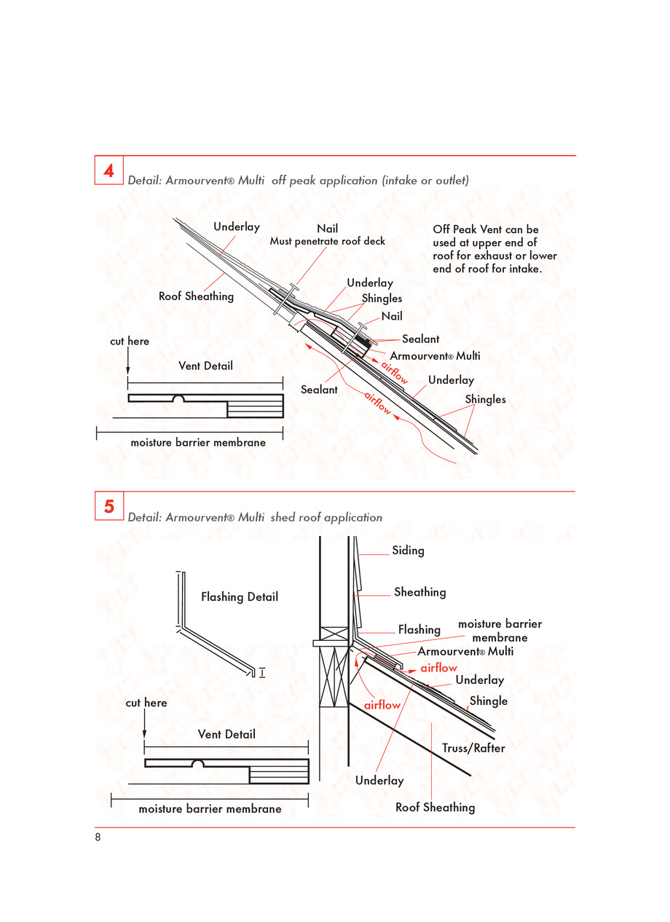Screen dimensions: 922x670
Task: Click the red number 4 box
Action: [109, 171]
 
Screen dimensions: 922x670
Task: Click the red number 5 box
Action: [109, 506]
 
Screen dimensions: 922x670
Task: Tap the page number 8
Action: [98, 837]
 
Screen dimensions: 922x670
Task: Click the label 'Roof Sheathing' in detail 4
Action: [196, 296]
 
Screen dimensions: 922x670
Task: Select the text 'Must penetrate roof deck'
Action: [328, 241]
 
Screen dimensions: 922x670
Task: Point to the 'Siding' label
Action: [408, 551]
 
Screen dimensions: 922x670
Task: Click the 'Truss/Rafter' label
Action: [473, 748]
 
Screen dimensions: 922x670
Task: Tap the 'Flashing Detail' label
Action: [240, 597]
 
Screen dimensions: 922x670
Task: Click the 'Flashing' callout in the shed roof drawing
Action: [419, 629]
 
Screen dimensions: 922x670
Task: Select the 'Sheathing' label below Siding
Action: [419, 592]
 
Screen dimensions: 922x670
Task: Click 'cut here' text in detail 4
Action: [130, 341]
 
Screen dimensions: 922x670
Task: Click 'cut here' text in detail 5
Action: [146, 703]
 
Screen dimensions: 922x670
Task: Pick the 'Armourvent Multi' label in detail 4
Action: [435, 356]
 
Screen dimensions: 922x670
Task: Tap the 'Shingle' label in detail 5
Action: [489, 701]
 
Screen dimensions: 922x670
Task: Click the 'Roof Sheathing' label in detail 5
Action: [435, 807]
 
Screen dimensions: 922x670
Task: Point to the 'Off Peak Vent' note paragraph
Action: [494, 249]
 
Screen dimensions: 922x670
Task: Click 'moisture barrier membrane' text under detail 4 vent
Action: [198, 442]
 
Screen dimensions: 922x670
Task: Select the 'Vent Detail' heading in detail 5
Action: [226, 734]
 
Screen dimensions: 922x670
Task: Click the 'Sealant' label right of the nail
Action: [421, 339]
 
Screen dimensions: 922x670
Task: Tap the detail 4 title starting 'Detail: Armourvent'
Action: [298, 180]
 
